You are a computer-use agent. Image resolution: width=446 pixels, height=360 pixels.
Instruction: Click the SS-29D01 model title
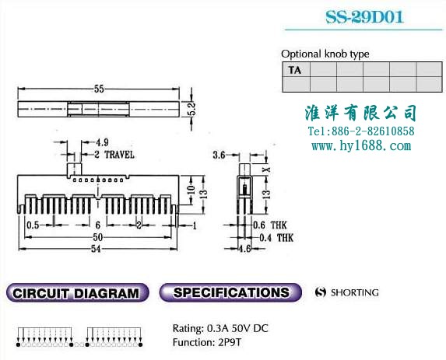pyautogui.click(x=364, y=17)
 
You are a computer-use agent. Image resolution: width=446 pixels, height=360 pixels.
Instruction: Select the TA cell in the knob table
pyautogui.click(x=296, y=70)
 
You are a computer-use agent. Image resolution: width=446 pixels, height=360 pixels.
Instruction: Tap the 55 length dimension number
pyautogui.click(x=99, y=89)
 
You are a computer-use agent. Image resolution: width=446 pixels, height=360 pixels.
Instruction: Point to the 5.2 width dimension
pyautogui.click(x=192, y=109)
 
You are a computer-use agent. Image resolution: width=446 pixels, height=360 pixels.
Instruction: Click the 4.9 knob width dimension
pyautogui.click(x=102, y=142)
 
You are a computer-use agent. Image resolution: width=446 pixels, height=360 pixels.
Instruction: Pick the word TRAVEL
pyautogui.click(x=119, y=155)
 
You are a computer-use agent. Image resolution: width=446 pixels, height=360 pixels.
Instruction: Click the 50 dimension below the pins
pyautogui.click(x=97, y=237)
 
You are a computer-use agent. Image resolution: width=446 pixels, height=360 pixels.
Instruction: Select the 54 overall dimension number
pyautogui.click(x=96, y=249)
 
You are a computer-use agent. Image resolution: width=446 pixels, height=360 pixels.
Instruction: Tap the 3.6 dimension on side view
pyautogui.click(x=219, y=155)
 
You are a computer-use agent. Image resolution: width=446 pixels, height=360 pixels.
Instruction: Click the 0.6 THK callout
pyautogui.click(x=270, y=225)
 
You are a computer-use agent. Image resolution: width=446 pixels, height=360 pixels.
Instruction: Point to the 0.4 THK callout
pyautogui.click(x=276, y=237)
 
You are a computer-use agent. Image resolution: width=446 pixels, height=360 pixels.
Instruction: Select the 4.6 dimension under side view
pyautogui.click(x=244, y=249)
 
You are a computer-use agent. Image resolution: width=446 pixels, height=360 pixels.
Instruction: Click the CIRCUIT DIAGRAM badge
pyautogui.click(x=77, y=292)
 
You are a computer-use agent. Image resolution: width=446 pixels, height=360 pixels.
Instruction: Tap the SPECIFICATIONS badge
pyautogui.click(x=230, y=292)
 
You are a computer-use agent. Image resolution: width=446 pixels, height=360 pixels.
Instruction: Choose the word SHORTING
pyautogui.click(x=355, y=292)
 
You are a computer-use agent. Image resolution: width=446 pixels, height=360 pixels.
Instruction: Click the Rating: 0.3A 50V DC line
pyautogui.click(x=220, y=328)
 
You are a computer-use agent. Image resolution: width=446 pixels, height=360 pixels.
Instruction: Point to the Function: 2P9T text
pyautogui.click(x=207, y=342)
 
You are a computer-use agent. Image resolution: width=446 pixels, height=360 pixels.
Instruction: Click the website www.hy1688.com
pyautogui.click(x=361, y=146)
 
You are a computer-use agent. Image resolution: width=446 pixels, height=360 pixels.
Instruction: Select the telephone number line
pyautogui.click(x=361, y=131)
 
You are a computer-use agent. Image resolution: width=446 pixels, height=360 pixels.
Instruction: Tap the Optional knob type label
pyautogui.click(x=325, y=54)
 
